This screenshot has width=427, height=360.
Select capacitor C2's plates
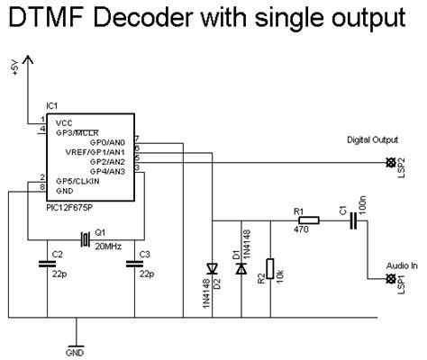click(46, 263)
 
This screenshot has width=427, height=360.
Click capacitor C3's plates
click(134, 263)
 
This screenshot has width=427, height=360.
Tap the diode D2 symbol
click(213, 267)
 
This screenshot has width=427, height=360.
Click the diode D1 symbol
click(240, 267)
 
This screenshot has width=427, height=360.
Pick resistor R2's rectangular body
click(271, 268)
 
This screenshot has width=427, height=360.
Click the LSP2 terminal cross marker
click(390, 163)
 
